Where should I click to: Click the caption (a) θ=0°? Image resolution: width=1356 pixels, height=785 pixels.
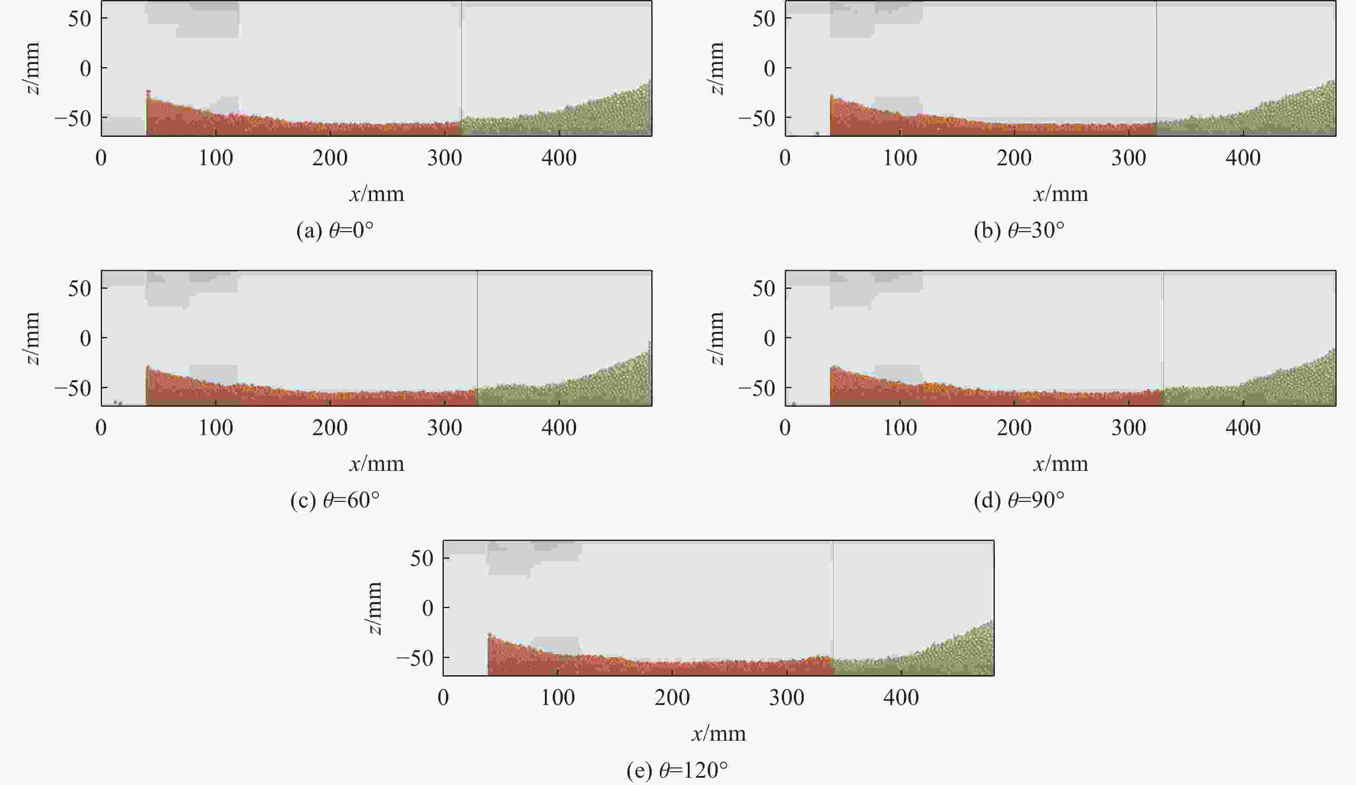[x=335, y=231]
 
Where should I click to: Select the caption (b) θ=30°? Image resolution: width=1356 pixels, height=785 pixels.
[x=1019, y=231]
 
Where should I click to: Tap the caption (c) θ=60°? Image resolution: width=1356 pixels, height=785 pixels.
[x=335, y=501]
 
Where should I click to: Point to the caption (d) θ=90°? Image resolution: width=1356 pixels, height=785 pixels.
[x=1019, y=501]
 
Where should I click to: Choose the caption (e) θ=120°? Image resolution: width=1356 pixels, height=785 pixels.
[x=677, y=770]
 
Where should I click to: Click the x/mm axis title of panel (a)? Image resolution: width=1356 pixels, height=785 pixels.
[x=377, y=194]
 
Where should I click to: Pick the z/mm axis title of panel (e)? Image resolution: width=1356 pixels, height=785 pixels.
[x=373, y=608]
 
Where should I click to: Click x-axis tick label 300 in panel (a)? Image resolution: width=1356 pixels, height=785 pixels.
[x=444, y=158]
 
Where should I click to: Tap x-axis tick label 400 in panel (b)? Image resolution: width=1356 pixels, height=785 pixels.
[x=1243, y=158]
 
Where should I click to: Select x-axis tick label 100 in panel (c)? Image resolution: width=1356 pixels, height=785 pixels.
[x=216, y=428]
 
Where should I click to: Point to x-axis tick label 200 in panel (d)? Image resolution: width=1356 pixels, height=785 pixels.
[x=1014, y=428]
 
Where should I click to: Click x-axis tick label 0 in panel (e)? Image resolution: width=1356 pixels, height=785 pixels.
[x=443, y=698]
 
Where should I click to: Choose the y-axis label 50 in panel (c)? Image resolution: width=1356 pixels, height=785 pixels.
[x=79, y=289]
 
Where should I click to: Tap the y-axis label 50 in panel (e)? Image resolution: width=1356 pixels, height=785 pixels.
[x=421, y=559]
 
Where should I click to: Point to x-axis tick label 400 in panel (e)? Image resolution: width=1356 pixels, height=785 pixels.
[x=901, y=698]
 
